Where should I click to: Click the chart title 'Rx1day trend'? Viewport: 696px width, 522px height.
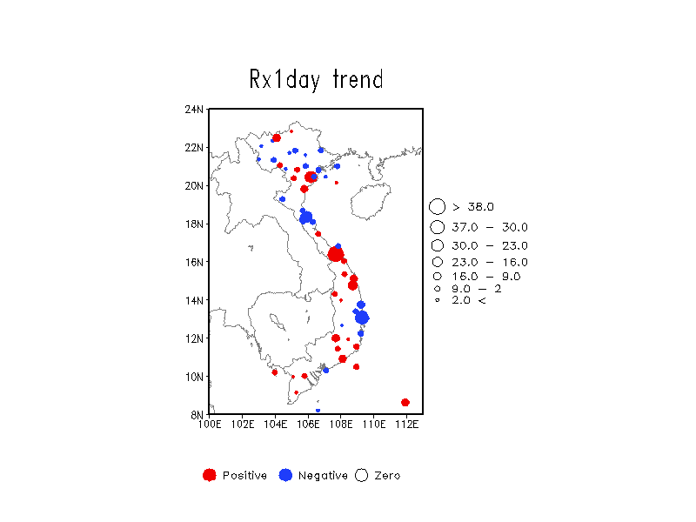[x=316, y=80]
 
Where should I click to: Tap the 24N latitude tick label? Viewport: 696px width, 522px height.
[x=194, y=110]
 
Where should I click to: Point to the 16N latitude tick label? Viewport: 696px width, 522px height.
[x=194, y=263]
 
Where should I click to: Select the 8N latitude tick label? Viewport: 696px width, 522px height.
[x=197, y=415]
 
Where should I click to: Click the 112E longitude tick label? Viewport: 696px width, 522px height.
[x=406, y=425]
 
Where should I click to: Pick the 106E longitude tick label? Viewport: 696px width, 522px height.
[x=308, y=425]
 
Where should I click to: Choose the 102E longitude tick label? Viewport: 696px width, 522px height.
[x=243, y=425]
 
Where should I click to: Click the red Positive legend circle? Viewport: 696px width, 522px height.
[x=210, y=475]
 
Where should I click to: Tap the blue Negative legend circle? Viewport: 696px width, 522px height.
[x=285, y=475]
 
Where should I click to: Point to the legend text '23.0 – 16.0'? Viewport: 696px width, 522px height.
[x=490, y=263]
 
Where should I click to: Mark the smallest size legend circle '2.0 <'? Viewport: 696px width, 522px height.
[x=438, y=300]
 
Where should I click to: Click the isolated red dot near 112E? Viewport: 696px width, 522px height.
[x=405, y=403]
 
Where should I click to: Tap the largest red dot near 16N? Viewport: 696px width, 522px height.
[x=336, y=254]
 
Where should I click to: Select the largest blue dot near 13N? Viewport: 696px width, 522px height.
[x=362, y=318]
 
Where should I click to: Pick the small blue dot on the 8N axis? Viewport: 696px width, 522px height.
[x=318, y=411]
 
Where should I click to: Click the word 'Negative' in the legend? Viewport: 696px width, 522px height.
[x=323, y=476]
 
